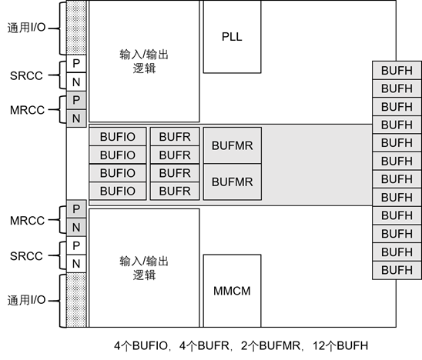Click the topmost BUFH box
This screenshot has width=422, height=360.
[397, 71]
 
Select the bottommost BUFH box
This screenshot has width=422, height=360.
[397, 270]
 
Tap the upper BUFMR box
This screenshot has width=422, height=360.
[232, 145]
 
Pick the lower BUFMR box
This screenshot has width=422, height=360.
[232, 182]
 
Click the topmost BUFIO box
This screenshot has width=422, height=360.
[118, 137]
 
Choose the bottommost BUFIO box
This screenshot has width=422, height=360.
[118, 191]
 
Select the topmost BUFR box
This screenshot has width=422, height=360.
[175, 137]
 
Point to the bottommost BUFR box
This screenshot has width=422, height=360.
[175, 191]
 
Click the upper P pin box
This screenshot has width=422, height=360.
[76, 101]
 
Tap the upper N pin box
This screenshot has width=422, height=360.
[76, 118]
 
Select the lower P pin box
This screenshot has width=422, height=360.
[76, 209]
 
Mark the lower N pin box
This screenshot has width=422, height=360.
[76, 228]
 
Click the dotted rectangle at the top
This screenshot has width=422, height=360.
[76, 27]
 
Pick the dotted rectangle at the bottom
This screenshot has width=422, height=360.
[76, 299]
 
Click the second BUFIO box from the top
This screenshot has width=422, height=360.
[118, 155]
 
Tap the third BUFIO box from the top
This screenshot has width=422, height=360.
[118, 173]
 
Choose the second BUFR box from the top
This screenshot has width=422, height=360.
[175, 155]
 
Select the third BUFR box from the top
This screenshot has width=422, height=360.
[175, 173]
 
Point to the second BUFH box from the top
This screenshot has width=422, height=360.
[397, 88]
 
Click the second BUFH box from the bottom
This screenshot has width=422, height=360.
[397, 252]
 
